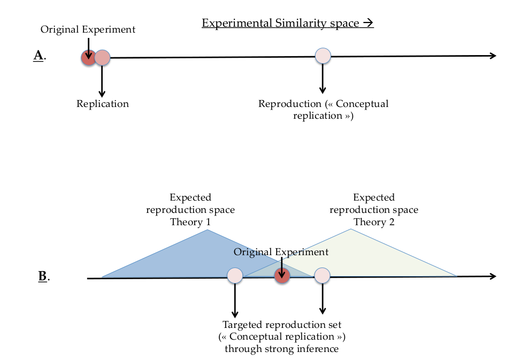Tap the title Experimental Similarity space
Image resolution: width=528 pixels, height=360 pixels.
pyautogui.click(x=287, y=23)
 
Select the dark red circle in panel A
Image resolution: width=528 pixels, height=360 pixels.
pyautogui.click(x=88, y=57)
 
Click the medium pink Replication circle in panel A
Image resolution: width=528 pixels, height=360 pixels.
pyautogui.click(x=102, y=57)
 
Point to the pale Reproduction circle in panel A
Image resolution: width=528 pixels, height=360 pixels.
pyautogui.click(x=323, y=55)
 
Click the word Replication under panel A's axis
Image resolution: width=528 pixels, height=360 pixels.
pyautogui.click(x=103, y=104)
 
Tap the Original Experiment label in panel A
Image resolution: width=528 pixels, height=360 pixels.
pyautogui.click(x=88, y=29)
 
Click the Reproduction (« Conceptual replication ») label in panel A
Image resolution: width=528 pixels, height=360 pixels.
pyautogui.click(x=323, y=109)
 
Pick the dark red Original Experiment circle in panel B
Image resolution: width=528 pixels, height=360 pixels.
pyautogui.click(x=282, y=275)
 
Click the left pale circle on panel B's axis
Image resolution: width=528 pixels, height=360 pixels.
pyautogui.click(x=235, y=275)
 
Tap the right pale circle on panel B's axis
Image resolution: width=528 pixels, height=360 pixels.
pyautogui.click(x=322, y=275)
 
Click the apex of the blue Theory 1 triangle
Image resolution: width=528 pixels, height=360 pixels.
pyautogui.click(x=208, y=231)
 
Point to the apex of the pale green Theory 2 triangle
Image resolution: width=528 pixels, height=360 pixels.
pyautogui.click(x=350, y=230)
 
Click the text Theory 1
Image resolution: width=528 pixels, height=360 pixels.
pyautogui.click(x=190, y=221)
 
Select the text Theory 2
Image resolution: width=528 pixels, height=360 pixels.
pyautogui.click(x=374, y=221)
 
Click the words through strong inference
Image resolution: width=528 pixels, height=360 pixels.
pyautogui.click(x=282, y=349)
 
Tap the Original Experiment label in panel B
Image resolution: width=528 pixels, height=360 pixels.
pyautogui.click(x=281, y=252)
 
